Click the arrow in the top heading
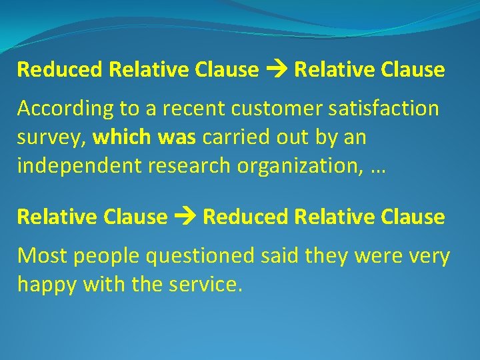[x=276, y=69]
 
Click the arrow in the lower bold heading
[x=185, y=217]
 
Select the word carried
[x=233, y=137]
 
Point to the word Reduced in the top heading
[x=60, y=69]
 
